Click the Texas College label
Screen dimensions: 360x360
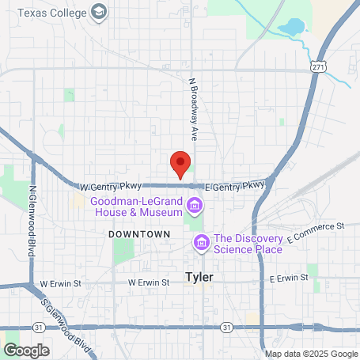point(51,13)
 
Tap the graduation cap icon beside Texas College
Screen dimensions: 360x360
point(98,12)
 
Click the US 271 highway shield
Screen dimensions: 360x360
point(316,69)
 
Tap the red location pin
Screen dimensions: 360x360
point(180,164)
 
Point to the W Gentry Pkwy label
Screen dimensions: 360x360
point(111,187)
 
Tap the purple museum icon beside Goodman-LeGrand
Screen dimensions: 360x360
point(195,207)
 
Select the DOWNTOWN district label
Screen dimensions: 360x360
point(140,235)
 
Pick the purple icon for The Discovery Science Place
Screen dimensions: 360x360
point(201,242)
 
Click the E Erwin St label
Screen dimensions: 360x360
point(288,279)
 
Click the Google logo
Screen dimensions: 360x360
point(26,351)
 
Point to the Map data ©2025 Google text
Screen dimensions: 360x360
point(311,354)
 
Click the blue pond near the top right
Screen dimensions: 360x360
point(290,26)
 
